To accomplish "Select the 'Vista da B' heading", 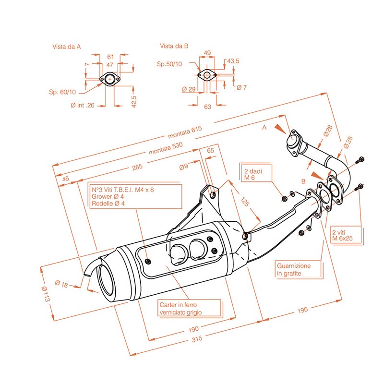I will coord(174,46).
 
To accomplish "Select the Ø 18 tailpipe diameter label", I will coord(61,284).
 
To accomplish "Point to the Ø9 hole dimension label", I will coord(183,167).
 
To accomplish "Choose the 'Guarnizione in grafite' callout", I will coord(293,269).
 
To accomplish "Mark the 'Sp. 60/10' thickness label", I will coord(62,91).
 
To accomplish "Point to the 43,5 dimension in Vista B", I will coord(233,61).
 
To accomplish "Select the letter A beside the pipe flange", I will coord(264,128).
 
